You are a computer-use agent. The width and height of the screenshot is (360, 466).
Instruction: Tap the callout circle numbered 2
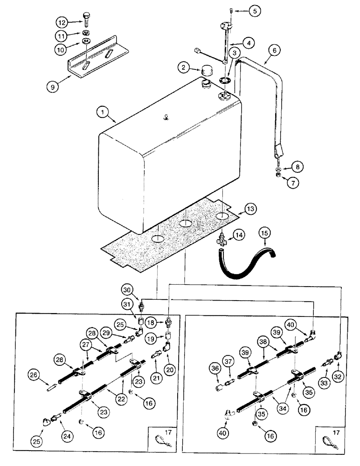tap(184, 68)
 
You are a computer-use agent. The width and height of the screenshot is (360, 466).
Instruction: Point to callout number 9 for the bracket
tap(54, 86)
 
